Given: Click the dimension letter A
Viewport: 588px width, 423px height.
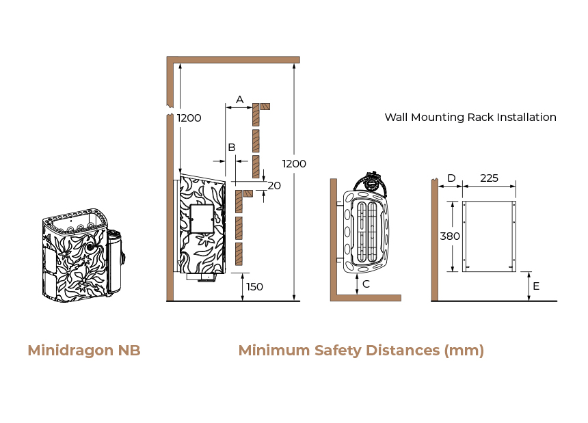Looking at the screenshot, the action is point(239,100).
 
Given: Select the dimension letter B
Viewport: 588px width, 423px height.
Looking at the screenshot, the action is point(232,148).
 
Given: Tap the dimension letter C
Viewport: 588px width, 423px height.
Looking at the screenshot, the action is point(366,284).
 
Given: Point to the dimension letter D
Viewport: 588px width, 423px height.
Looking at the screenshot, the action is point(451,178).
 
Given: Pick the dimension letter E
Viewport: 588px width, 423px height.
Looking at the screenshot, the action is point(536,286).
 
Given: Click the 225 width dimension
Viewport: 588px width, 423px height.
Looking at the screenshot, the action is point(489,178).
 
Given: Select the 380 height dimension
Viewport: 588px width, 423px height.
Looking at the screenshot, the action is point(450,236).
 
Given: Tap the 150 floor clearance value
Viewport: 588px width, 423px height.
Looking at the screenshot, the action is point(254,286).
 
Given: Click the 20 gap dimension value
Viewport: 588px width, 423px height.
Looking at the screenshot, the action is point(274,185).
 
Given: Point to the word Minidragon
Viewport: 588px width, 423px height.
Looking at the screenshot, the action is point(70,351).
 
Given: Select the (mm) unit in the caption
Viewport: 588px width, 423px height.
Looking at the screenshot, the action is point(464,351).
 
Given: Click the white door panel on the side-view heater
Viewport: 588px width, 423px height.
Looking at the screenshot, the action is point(202,219).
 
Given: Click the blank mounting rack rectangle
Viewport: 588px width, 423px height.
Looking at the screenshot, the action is point(489,236).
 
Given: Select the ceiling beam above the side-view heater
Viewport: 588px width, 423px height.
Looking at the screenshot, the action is point(233,60).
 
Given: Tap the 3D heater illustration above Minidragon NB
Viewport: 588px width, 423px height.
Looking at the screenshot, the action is point(83,255).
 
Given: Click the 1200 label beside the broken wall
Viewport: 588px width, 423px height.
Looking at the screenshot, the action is point(189,118).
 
